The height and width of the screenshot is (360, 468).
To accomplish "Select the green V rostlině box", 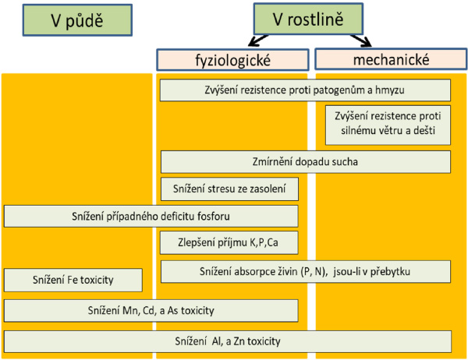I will coord(308,19).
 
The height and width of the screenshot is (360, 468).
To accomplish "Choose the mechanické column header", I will coord(388,59).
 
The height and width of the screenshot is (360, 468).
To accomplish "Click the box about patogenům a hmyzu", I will coord(305,90).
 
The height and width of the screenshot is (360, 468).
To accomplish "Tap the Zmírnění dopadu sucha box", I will coord(305,162).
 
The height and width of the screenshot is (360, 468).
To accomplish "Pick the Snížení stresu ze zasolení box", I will coord(229,189).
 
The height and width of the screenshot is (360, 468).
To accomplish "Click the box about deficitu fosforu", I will coord(151,216).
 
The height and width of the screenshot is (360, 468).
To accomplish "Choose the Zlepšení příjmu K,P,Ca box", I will coord(229,243).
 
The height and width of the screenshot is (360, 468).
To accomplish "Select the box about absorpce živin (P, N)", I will coord(305,272).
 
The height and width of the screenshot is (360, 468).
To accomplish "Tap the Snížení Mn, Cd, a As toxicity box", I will coord(151,310).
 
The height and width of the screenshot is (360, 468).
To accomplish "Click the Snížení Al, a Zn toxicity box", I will coord(228,341).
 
